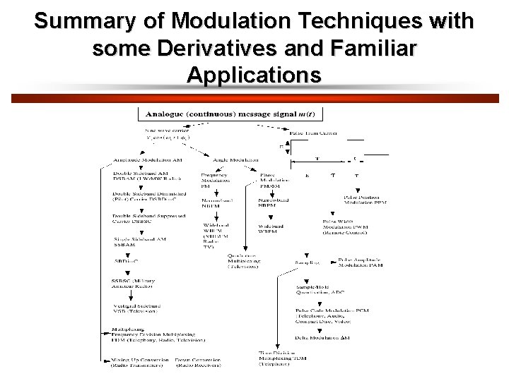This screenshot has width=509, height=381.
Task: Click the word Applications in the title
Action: pos(254,75)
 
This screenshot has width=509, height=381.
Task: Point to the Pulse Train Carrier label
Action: pos(313,133)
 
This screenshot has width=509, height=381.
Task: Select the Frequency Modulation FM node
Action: pos(213,180)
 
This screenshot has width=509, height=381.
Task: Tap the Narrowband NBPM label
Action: pos(272,203)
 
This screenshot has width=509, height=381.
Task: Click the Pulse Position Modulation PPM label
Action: pos(365,200)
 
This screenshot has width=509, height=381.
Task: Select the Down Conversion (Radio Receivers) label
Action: pos(199,363)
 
